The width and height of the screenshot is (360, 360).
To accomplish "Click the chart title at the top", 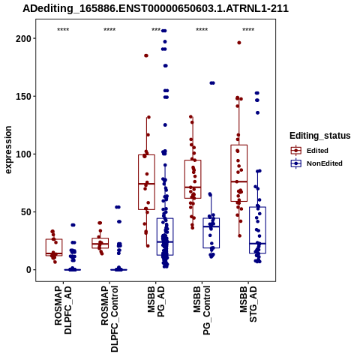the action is [x=155, y=9].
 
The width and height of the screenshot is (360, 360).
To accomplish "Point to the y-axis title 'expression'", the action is [x=8, y=150].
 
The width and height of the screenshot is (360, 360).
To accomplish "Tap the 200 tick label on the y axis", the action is [x=22, y=38].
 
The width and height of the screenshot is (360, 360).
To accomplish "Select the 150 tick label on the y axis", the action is [x=22, y=96].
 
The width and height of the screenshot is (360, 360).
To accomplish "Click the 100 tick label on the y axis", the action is [x=22, y=154].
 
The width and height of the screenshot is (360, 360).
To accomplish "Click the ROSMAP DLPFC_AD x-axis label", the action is [x=63, y=310].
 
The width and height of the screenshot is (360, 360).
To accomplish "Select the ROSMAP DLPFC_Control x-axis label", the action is [x=109, y=319].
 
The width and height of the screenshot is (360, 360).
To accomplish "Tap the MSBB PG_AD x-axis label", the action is [x=156, y=301].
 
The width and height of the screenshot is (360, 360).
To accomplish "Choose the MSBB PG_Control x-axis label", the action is [x=202, y=310].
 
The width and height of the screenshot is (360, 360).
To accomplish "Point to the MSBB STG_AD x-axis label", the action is [x=248, y=304].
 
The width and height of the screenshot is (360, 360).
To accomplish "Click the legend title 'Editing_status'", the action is [x=320, y=136].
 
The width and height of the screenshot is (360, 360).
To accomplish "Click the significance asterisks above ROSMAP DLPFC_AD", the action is [x=63, y=30].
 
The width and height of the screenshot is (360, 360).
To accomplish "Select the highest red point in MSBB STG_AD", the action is [x=239, y=43].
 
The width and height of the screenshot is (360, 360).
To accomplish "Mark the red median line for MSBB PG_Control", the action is [x=193, y=187].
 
